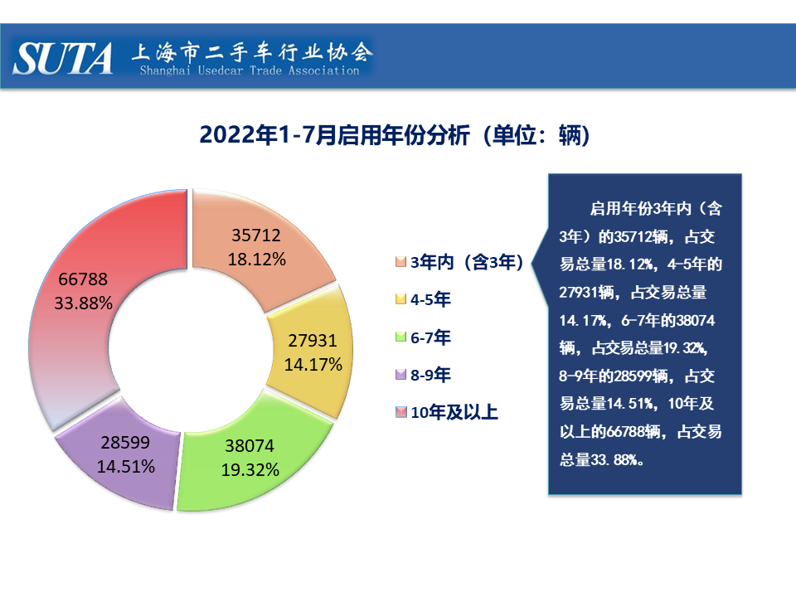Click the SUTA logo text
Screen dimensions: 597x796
tap(63, 58)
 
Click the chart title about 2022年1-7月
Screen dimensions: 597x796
tap(394, 135)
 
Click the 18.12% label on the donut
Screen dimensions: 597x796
tap(257, 260)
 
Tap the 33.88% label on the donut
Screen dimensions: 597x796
tap(83, 303)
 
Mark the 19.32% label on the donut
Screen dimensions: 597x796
tap(250, 470)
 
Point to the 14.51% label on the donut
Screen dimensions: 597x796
tap(126, 466)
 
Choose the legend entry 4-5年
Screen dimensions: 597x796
tap(431, 300)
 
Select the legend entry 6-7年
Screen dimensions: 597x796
tap(431, 337)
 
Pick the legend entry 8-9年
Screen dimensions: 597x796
tap(431, 375)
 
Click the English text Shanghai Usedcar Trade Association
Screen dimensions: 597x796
tap(250, 71)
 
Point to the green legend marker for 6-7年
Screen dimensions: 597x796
tap(401, 337)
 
